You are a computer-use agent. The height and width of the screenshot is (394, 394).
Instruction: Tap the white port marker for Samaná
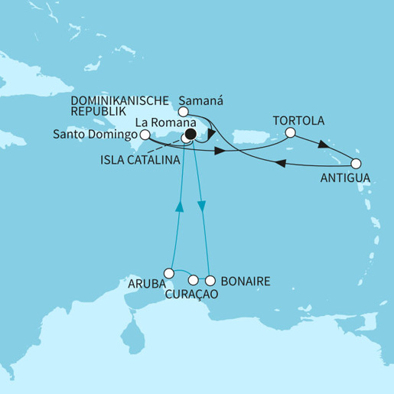click(184, 112)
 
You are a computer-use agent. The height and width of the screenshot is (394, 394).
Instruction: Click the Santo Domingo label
click(96, 136)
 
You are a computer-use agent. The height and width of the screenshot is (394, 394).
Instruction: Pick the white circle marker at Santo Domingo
click(144, 133)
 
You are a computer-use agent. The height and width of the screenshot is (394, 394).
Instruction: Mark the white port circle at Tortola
click(290, 132)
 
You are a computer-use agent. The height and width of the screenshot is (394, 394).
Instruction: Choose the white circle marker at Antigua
click(356, 163)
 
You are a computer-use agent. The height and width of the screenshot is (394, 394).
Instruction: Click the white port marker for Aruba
click(169, 272)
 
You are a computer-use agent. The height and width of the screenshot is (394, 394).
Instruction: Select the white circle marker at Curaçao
click(194, 279)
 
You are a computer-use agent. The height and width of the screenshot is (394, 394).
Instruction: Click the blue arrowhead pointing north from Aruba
click(181, 207)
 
